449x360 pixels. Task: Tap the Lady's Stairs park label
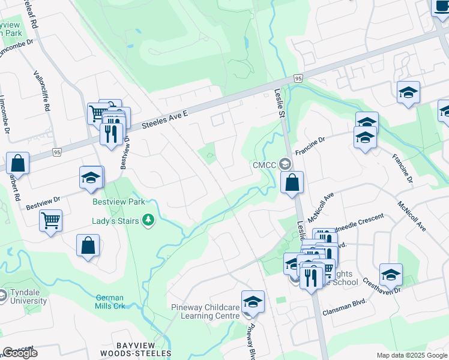(116, 221)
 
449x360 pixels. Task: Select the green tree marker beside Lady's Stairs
(148, 221)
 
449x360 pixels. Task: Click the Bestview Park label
(118, 202)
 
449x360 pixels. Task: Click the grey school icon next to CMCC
(285, 164)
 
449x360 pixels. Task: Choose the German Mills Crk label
(109, 302)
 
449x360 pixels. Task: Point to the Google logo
(20, 353)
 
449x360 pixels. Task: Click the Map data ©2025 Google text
(411, 355)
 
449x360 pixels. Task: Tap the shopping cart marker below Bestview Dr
(51, 220)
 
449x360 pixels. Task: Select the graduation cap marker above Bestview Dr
(91, 178)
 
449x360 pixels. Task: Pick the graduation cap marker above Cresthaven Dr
(391, 274)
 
